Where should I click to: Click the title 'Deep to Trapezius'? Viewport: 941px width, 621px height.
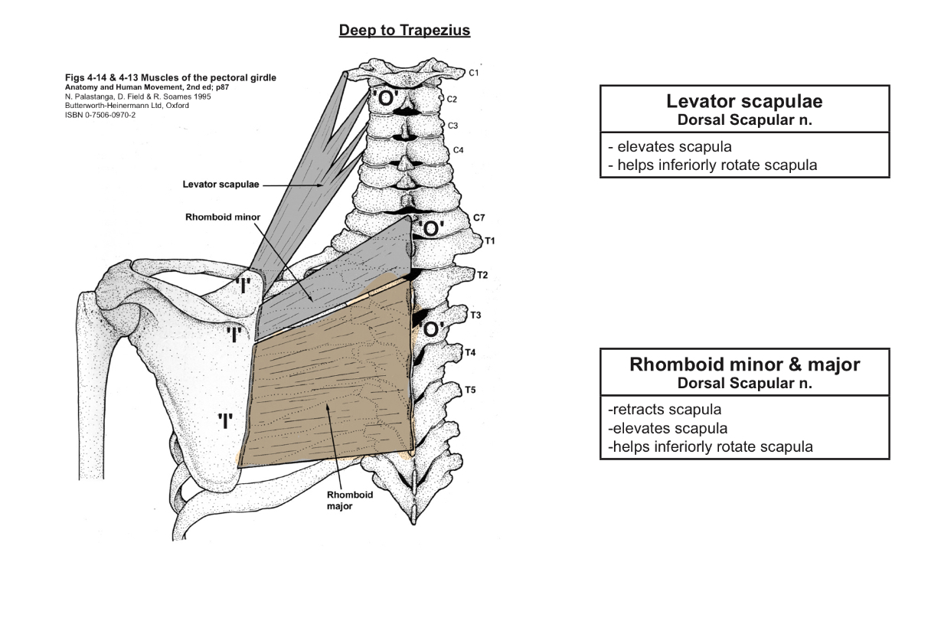coord(405,31)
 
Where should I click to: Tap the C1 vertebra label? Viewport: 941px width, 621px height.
coord(474,73)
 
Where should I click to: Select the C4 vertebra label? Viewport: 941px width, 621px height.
coord(458,149)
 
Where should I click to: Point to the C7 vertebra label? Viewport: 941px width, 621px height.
coord(479,218)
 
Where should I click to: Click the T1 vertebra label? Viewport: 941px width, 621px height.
coord(490,241)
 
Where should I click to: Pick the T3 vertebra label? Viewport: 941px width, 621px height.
coord(475,315)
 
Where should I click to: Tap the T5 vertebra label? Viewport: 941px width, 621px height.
coord(470,391)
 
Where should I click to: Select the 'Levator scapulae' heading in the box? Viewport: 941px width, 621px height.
coord(744,102)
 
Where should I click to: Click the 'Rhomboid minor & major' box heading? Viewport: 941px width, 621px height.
coord(744,364)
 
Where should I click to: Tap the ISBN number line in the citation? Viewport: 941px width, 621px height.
coord(103,115)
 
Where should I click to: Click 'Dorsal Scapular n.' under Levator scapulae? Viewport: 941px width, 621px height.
coord(744,120)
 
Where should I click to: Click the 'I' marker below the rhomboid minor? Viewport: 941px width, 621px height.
coord(234,334)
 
